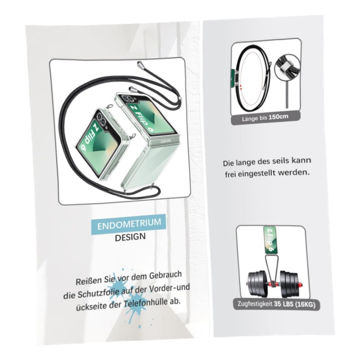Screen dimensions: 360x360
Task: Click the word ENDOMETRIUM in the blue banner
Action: [129, 224]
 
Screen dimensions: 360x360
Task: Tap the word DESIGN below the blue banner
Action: [130, 237]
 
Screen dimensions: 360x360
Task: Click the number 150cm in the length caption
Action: [278, 117]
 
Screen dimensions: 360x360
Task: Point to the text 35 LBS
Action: [283, 304]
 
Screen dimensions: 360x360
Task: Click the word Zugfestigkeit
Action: [255, 304]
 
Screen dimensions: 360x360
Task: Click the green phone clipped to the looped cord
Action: [233, 80]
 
